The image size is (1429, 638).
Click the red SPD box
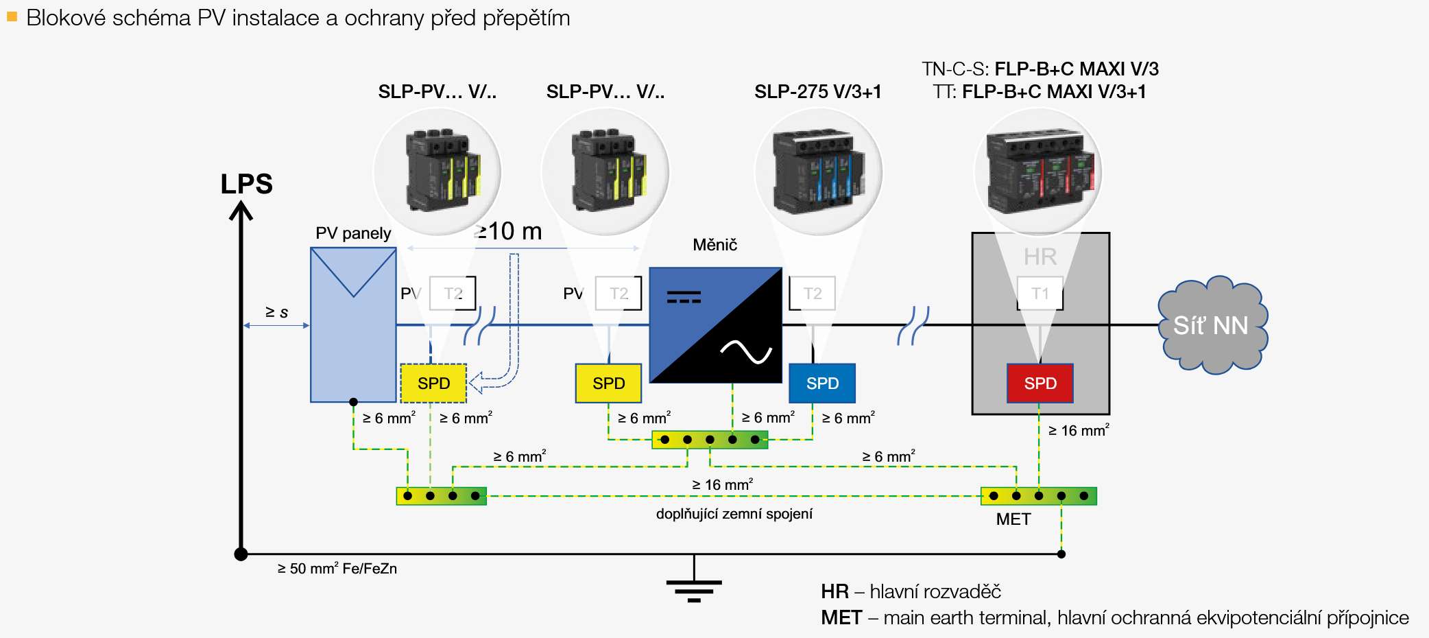click(1040, 383)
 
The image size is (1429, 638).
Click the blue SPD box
click(822, 383)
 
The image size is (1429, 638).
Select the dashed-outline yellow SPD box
click(433, 383)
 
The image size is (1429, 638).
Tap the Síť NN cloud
click(1212, 325)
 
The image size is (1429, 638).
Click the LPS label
click(247, 184)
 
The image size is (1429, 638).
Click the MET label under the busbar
click(1013, 519)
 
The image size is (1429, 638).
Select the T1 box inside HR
click(1040, 294)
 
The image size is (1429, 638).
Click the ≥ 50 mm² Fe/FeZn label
click(337, 569)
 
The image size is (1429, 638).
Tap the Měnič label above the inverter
click(714, 245)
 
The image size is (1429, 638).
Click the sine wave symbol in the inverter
click(746, 352)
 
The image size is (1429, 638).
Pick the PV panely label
click(353, 233)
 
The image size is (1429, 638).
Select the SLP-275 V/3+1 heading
click(817, 92)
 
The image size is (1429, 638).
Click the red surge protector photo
click(1038, 172)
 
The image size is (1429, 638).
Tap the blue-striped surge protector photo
click(818, 172)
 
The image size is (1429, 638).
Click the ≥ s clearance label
click(277, 312)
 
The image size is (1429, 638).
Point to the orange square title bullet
click(12, 16)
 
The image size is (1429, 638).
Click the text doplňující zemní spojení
click(734, 514)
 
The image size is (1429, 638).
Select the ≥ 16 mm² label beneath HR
click(1079, 431)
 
